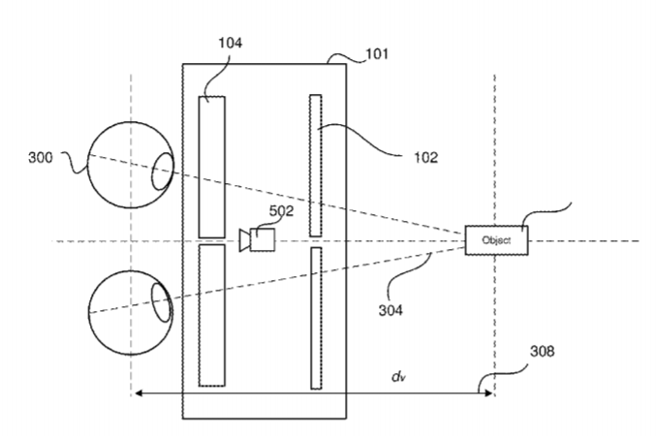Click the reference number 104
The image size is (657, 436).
point(231,43)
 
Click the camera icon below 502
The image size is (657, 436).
point(257,238)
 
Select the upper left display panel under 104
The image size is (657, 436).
point(211,166)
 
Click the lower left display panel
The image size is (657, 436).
point(211,315)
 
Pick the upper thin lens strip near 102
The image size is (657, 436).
point(315,165)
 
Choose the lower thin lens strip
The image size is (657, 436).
point(315,318)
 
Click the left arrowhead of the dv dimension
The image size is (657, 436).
point(138,393)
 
